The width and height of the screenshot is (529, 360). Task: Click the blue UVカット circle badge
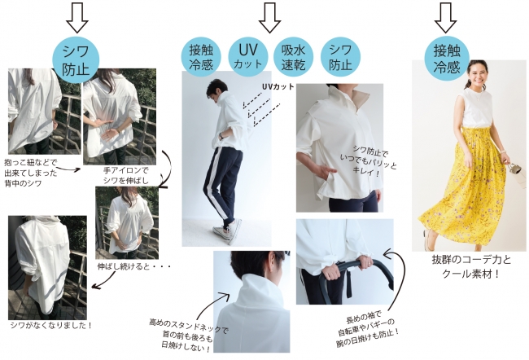[248, 56]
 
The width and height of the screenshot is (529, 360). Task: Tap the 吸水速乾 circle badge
[293, 56]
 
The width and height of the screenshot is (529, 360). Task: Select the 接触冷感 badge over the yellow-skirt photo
[447, 59]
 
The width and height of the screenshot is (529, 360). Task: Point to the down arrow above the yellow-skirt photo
[445, 18]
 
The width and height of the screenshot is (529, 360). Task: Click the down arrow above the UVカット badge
[269, 18]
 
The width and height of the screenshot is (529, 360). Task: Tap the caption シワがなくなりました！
[51, 326]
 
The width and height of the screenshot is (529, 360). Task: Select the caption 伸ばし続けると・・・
[134, 266]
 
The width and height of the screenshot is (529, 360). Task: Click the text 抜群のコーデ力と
[471, 260]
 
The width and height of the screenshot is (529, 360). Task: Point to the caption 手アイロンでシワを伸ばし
[125, 176]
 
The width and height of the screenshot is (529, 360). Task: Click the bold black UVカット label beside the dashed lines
[278, 87]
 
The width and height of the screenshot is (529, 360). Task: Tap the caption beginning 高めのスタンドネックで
[188, 335]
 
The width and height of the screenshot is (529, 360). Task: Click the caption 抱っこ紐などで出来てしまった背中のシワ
[31, 173]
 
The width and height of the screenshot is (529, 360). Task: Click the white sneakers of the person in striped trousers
[228, 230]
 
